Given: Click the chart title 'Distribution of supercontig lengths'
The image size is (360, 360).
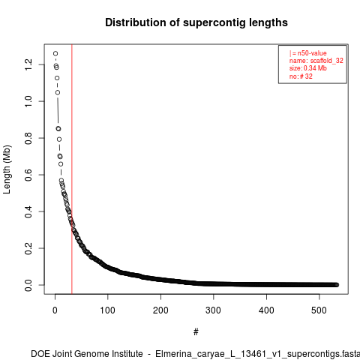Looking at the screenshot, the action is tap(196, 22).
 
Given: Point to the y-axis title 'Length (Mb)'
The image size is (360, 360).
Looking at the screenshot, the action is tap(7, 169).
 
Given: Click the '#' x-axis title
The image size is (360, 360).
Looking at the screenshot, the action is tap(196, 331).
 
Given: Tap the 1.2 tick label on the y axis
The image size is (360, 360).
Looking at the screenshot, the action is tap(28, 64).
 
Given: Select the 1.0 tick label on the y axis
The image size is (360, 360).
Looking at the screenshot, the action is tap(28, 101).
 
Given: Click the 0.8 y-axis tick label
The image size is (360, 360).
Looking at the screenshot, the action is tap(28, 138).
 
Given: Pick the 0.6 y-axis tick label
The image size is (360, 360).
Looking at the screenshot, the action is tap(28, 175).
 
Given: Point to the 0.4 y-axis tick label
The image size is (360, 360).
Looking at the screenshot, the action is tap(28, 211).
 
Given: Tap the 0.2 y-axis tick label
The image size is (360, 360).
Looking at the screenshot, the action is tap(28, 248).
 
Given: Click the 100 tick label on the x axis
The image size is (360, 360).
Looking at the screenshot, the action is tap(108, 310).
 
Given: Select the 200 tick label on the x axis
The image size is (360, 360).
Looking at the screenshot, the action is tap(160, 310).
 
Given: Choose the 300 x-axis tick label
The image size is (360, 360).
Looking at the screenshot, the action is tap(213, 310).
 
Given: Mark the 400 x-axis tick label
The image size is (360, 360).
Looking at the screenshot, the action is tap(266, 310).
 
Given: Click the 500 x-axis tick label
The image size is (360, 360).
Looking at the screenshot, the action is tap(319, 310).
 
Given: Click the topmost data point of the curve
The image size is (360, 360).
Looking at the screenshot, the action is tap(55, 53).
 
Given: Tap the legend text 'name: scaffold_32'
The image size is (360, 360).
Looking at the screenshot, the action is tap(316, 61).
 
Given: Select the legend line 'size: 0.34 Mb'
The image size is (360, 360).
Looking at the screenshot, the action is tap(308, 68).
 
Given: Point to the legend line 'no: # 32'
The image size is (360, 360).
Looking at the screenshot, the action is tap(301, 76).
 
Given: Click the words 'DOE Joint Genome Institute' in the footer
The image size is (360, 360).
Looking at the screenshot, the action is tap(87, 354).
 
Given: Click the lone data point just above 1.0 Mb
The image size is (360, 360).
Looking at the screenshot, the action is tap(58, 92).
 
